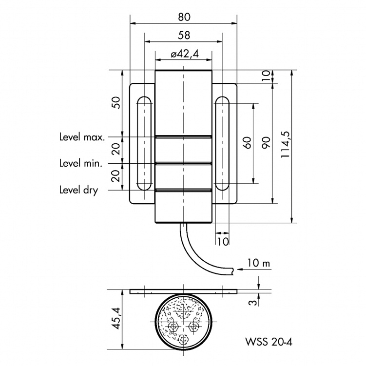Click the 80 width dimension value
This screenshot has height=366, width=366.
[183, 17]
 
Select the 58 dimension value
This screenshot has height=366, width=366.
[184, 36]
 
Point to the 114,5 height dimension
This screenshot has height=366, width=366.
[285, 146]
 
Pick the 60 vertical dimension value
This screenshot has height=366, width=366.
[247, 142]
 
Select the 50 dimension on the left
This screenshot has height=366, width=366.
[116, 103]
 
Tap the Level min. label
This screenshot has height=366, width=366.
[80, 163]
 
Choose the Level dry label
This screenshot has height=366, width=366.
[78, 190]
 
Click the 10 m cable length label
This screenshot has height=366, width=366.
[258, 264]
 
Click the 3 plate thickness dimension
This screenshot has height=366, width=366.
[252, 302]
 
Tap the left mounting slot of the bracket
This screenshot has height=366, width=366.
[144, 142]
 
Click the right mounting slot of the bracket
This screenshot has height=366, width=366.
[222, 142]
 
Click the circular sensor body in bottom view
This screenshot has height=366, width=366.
[183, 322]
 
